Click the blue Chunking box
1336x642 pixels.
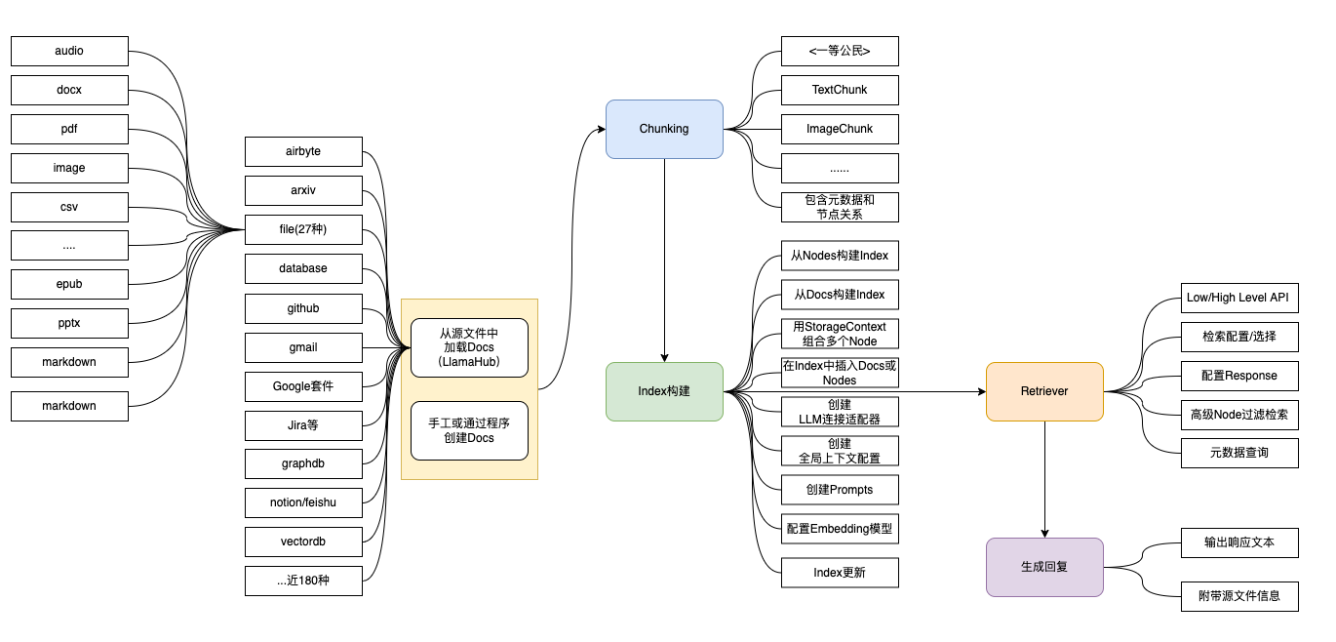(x=664, y=129)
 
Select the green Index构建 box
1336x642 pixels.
(x=664, y=391)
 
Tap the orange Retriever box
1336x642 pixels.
(x=1044, y=391)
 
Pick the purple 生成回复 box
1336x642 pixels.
(x=1044, y=567)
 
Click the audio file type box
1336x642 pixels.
(x=69, y=51)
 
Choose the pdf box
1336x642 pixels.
(x=69, y=129)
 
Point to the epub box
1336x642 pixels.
(x=69, y=284)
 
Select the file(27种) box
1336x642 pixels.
(x=303, y=230)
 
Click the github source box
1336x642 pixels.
(x=303, y=308)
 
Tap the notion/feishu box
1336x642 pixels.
(x=303, y=502)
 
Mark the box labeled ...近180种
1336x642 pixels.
(x=303, y=581)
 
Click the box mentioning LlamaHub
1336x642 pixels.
(x=469, y=347)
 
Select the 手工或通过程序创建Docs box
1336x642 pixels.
(x=469, y=430)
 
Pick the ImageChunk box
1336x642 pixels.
(x=840, y=129)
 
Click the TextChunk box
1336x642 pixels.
(x=840, y=90)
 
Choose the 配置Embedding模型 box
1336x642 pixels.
(x=840, y=529)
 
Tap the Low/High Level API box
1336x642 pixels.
(x=1239, y=298)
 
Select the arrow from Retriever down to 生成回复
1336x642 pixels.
(x=1044, y=478)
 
